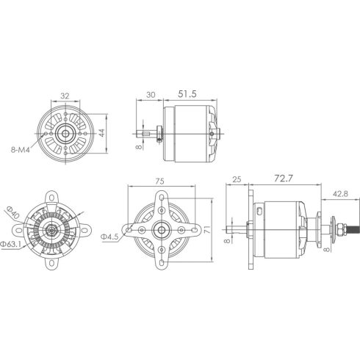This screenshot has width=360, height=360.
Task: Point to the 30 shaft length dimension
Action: pos(149,95)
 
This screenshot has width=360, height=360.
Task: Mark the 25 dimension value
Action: pos(237,179)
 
